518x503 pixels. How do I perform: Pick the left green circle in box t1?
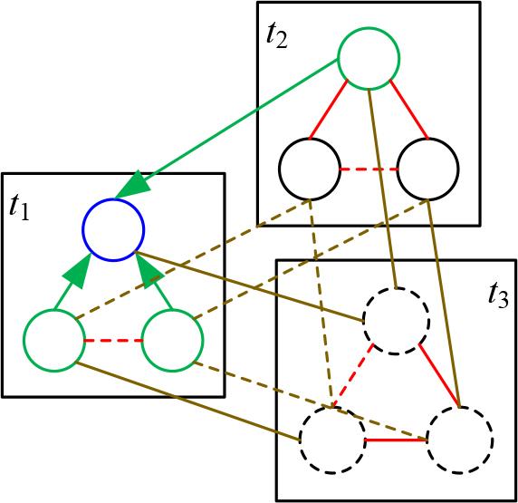click(53, 340)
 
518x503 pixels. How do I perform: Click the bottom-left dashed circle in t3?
click(331, 440)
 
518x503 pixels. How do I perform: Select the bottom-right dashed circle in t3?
click(460, 440)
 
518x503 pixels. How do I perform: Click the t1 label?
click(19, 208)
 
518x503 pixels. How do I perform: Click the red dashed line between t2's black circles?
click(369, 169)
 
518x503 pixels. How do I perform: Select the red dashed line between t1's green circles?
click(112, 341)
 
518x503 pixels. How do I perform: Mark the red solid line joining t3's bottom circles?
click(396, 440)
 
